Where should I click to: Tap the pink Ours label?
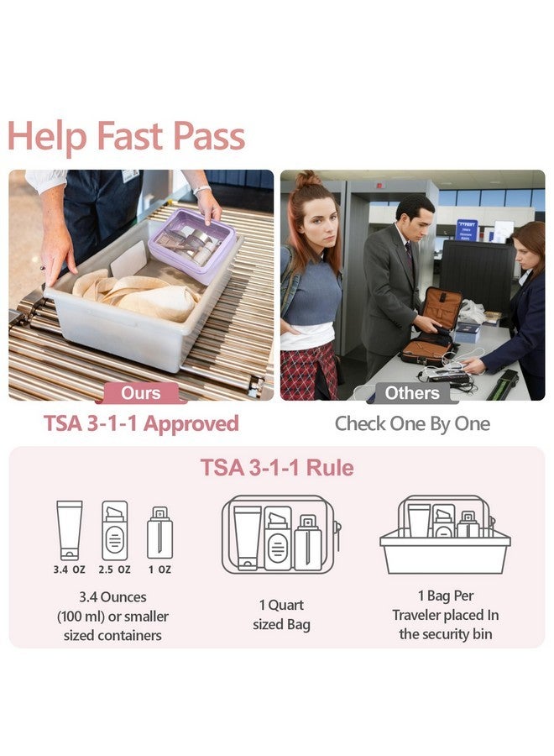pyautogui.click(x=141, y=393)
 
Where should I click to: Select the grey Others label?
pyautogui.click(x=411, y=393)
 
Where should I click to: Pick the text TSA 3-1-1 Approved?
pyautogui.click(x=141, y=423)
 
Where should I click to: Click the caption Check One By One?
pyautogui.click(x=411, y=423)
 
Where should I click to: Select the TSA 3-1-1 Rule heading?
pyautogui.click(x=277, y=468)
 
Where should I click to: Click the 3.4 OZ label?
pyautogui.click(x=70, y=570)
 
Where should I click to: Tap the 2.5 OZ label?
pyautogui.click(x=114, y=570)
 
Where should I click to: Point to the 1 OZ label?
pyautogui.click(x=159, y=570)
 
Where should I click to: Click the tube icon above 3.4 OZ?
pyautogui.click(x=70, y=529)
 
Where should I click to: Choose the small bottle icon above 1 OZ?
pyautogui.click(x=159, y=533)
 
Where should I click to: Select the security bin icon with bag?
pyautogui.click(x=446, y=534)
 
